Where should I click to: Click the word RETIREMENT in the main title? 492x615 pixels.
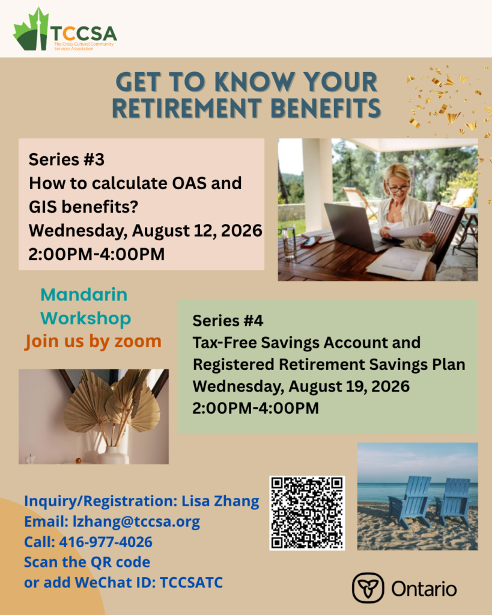[187, 108]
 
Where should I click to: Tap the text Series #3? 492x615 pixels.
[66, 160]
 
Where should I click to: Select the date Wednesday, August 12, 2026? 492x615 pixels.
[145, 231]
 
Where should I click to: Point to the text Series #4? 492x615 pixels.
[228, 321]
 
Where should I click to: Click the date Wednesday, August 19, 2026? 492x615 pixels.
[301, 386]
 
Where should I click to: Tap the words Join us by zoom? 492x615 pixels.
[93, 341]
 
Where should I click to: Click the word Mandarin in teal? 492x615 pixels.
[84, 294]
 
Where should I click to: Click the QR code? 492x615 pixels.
[307, 513]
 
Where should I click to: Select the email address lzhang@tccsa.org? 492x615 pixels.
[136, 522]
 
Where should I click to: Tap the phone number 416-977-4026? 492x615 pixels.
[106, 542]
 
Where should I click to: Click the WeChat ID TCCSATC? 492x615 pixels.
[192, 583]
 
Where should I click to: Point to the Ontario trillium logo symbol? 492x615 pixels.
[368, 587]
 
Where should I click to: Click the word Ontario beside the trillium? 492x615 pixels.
[424, 589]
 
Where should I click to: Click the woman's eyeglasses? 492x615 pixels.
[398, 189]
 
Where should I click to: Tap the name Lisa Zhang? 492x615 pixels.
[220, 501]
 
